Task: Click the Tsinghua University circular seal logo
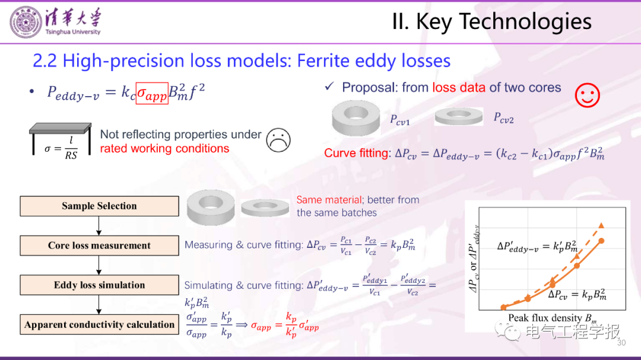pyautogui.click(x=26, y=23)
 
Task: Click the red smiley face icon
pyautogui.click(x=587, y=95)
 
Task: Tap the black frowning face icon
pyautogui.click(x=278, y=140)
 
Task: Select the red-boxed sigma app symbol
pyautogui.click(x=152, y=93)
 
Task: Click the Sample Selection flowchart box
pyautogui.click(x=99, y=206)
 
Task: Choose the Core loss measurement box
pyautogui.click(x=99, y=246)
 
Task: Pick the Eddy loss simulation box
pyautogui.click(x=99, y=285)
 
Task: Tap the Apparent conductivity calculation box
pyautogui.click(x=99, y=324)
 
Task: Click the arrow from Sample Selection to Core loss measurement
pyautogui.click(x=99, y=226)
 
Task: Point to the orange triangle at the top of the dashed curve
pyautogui.click(x=601, y=225)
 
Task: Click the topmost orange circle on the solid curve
pyautogui.click(x=601, y=241)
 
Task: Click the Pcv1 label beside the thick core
pyautogui.click(x=399, y=120)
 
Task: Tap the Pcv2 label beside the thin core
pyautogui.click(x=503, y=118)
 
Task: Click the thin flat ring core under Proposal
pyautogui.click(x=459, y=116)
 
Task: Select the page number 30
pyautogui.click(x=621, y=343)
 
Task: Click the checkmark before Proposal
pyautogui.click(x=329, y=86)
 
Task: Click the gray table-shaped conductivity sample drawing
pyautogui.click(x=60, y=139)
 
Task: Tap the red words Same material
pyautogui.click(x=329, y=200)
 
